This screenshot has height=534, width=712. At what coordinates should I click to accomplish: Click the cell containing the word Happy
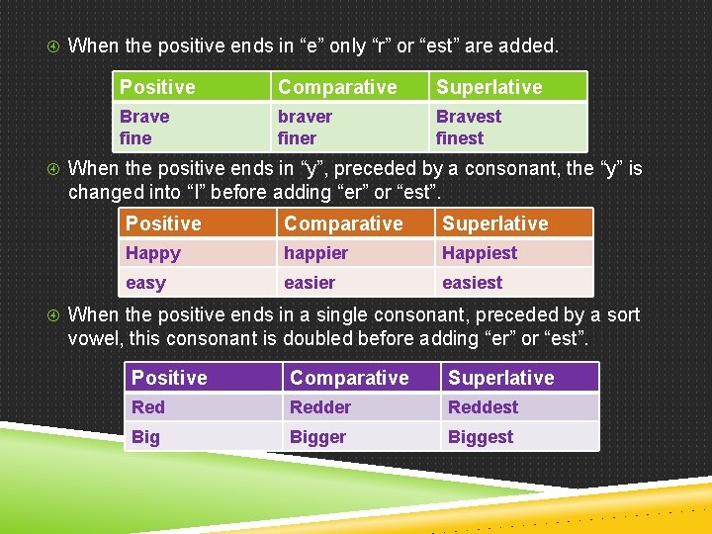tap(153, 253)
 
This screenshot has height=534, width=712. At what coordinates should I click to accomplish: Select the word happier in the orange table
tap(315, 253)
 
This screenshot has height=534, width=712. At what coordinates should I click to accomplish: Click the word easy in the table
tap(145, 283)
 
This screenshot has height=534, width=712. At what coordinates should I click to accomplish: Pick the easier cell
tap(310, 283)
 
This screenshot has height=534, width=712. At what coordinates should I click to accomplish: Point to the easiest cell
tap(472, 283)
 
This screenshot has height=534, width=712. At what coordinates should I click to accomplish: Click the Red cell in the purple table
tap(148, 407)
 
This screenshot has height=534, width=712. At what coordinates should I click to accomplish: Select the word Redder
tap(320, 407)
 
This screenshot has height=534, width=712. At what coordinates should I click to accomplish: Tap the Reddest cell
tap(483, 407)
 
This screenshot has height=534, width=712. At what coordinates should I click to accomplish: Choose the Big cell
tap(145, 437)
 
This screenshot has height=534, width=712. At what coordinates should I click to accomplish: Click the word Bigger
tap(317, 437)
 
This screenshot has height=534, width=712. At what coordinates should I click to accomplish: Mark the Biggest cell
tap(481, 437)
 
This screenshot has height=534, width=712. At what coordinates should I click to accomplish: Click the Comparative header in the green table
tap(337, 87)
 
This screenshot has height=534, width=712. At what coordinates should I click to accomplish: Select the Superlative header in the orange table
tap(494, 223)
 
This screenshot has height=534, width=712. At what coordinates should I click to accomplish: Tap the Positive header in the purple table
tap(169, 378)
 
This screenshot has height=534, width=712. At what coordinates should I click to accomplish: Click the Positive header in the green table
tap(157, 87)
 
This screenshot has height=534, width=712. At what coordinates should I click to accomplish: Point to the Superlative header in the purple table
tap(500, 378)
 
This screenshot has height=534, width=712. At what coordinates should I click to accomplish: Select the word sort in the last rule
tap(623, 315)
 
